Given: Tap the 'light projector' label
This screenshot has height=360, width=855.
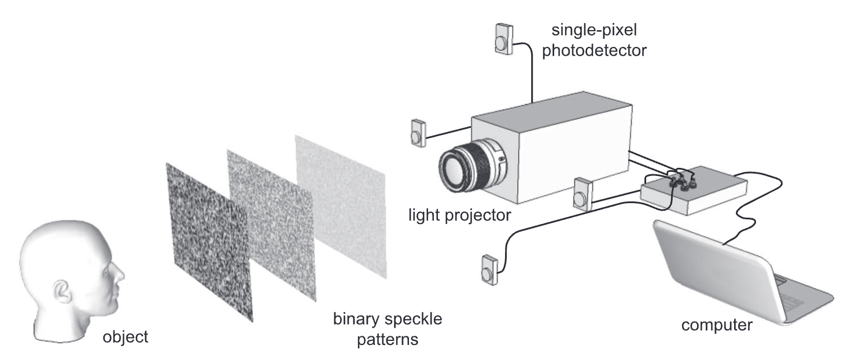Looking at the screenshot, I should click(x=459, y=216).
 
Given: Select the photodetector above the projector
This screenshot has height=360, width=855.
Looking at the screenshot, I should click(x=503, y=38).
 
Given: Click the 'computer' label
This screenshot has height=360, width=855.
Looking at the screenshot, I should click(x=717, y=325).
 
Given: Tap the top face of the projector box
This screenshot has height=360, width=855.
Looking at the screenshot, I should click(x=550, y=110).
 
